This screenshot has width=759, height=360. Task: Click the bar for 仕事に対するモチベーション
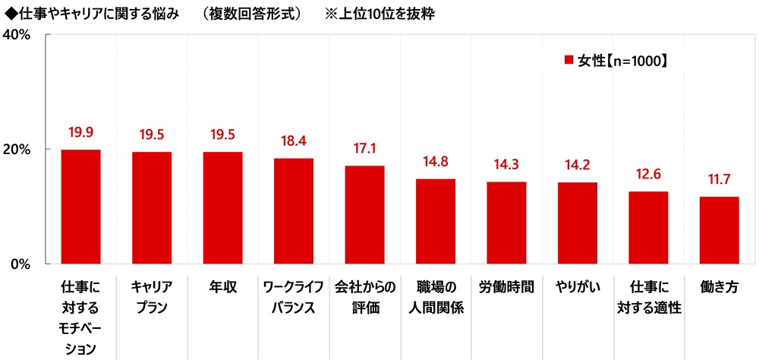(80, 207)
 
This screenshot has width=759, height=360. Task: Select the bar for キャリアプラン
(152, 207)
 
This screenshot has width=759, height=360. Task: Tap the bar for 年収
(222, 207)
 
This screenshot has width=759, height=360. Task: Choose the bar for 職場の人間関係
(436, 221)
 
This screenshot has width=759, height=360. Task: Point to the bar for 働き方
(720, 230)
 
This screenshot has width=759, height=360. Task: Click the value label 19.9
(80, 133)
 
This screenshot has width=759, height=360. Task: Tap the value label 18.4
(294, 141)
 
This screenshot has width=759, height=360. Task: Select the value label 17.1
(364, 149)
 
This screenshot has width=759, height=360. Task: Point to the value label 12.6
(648, 175)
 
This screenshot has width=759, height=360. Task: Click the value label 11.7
(720, 180)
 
